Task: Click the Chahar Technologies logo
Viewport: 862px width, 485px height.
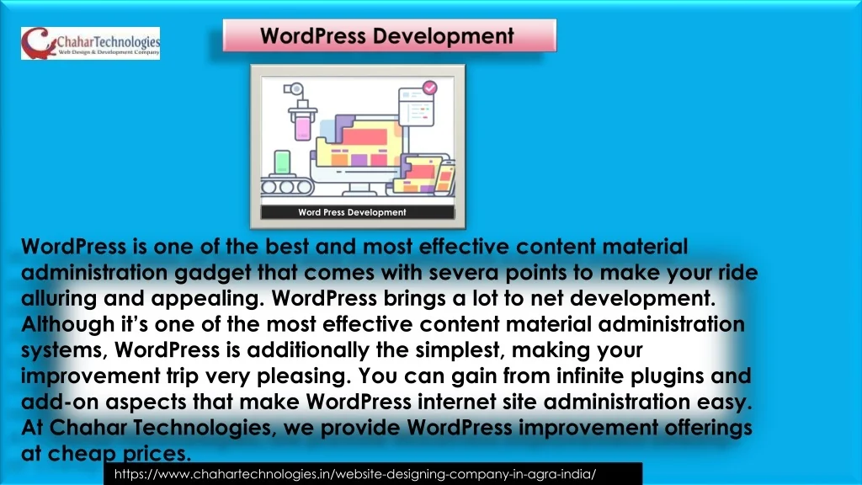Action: click(91, 43)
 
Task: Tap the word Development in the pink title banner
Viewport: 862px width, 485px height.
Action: click(443, 36)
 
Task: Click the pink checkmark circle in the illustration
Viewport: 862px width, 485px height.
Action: click(430, 88)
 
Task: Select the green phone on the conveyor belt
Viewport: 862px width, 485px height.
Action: click(282, 163)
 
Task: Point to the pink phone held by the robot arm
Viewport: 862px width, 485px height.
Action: click(303, 128)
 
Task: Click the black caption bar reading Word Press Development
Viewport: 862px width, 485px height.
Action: click(357, 212)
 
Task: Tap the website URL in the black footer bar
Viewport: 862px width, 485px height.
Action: click(355, 474)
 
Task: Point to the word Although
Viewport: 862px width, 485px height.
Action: click(67, 324)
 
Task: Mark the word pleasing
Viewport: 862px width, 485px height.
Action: click(303, 376)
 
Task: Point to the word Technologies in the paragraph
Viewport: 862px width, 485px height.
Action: click(205, 428)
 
